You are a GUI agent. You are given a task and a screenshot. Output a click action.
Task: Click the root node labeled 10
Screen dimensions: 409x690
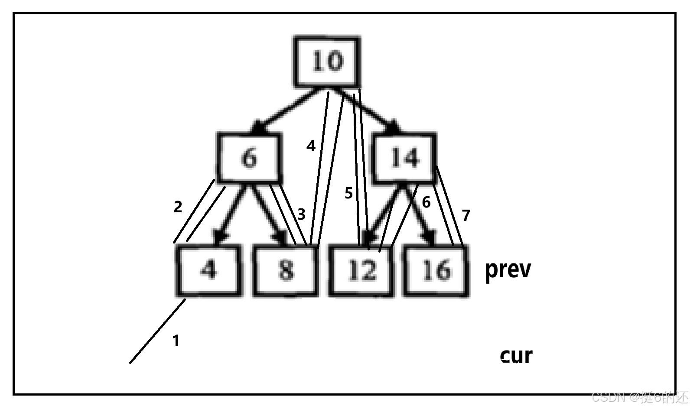327,62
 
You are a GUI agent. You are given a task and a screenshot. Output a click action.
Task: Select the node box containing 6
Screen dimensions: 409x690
249,158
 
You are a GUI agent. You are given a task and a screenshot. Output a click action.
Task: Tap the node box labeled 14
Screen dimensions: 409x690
404,158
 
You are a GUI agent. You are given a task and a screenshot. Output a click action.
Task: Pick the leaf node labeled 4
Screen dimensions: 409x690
208,270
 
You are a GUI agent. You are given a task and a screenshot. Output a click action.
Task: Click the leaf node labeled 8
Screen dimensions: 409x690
285,270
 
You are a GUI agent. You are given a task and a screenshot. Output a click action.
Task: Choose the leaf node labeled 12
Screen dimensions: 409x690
361,270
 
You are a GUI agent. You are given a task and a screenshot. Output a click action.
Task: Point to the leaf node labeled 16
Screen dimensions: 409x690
436,270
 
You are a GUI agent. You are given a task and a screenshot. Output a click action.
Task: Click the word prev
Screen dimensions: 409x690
508,270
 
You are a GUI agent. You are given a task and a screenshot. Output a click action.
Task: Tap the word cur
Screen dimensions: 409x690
516,356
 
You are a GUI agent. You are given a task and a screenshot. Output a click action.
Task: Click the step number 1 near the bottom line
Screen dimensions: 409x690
176,341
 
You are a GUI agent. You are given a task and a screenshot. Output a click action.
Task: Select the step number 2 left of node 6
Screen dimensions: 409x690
178,207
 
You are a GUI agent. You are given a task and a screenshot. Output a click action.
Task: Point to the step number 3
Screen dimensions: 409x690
301,214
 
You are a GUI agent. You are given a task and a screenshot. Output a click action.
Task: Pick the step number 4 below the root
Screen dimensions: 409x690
311,146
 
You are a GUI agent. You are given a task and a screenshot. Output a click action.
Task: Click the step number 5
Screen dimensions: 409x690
349,193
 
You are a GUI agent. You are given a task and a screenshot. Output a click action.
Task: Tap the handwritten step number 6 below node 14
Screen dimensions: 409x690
426,202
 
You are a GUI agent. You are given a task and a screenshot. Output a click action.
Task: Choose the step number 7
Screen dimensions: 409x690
466,215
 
